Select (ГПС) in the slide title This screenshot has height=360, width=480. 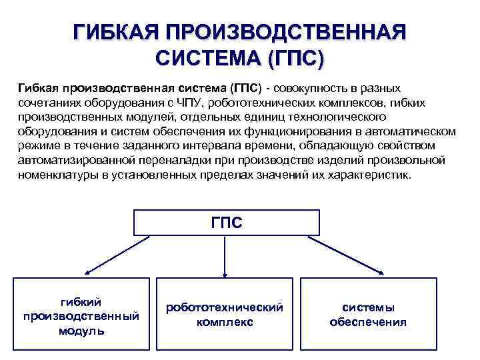pyautogui.click(x=292, y=59)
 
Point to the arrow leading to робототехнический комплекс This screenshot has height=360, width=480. pyautogui.click(x=225, y=257)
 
